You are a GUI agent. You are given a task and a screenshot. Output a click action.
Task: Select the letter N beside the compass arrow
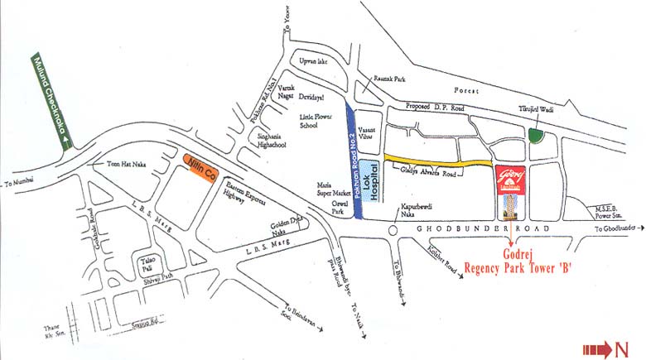(x=620, y=348)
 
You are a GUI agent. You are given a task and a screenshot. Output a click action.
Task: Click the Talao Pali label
(x=147, y=262)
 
